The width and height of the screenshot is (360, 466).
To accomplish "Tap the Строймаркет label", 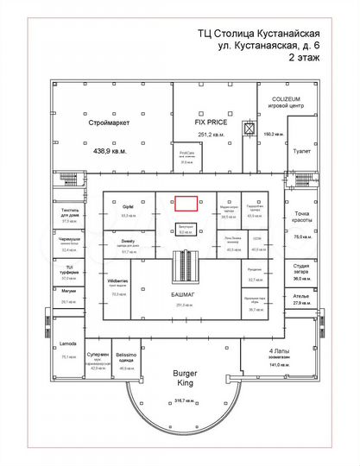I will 109,123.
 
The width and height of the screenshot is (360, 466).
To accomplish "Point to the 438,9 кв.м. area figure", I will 109,150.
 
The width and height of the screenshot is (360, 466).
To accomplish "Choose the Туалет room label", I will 301,150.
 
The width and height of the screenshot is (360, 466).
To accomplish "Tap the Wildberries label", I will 118,282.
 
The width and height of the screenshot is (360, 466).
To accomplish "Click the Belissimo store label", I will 128,356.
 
